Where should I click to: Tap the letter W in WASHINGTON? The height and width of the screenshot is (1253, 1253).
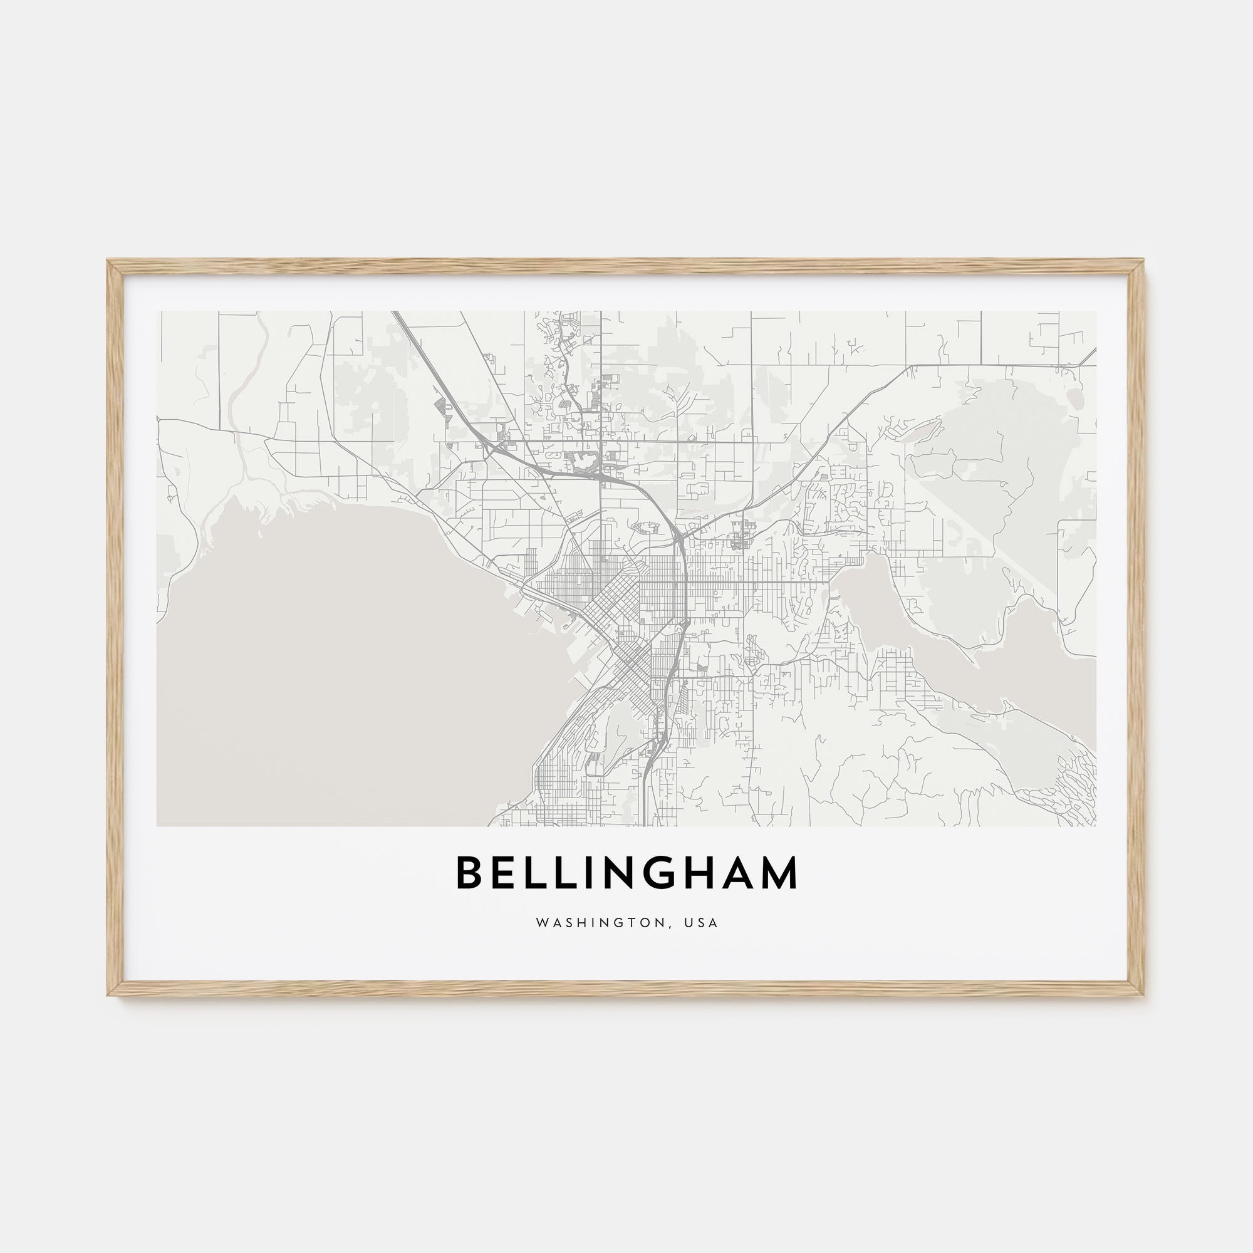541,923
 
